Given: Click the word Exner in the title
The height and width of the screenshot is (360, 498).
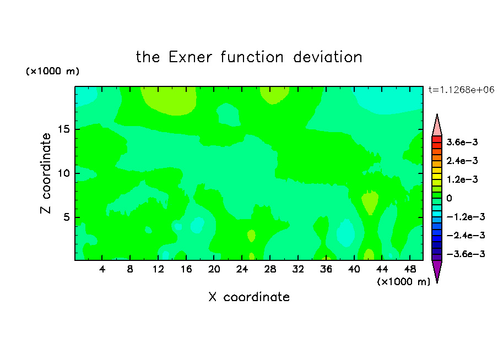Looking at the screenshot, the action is (x=190, y=57).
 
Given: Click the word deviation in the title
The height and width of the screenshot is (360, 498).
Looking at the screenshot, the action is (x=327, y=57).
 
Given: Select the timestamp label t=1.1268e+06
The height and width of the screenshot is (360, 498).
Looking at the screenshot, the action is (x=461, y=90).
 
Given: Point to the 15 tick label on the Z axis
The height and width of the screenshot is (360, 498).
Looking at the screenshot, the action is (x=63, y=129).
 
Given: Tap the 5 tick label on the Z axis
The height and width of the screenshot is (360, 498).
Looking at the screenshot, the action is (x=66, y=217).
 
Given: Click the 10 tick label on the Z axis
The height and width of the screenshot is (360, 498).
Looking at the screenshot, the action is (x=63, y=173).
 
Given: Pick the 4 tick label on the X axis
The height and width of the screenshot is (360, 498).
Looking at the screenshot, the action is (x=102, y=269).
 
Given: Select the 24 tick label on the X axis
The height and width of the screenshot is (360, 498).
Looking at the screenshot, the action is (x=242, y=269).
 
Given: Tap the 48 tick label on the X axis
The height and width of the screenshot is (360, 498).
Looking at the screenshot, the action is (x=410, y=269).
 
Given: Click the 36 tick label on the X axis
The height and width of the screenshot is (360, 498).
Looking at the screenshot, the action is (x=326, y=269).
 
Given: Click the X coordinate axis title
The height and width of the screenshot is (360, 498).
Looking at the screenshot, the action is (x=249, y=297).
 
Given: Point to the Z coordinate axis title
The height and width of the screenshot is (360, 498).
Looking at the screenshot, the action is (x=46, y=173).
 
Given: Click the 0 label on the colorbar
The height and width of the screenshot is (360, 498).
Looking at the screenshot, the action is (x=449, y=198).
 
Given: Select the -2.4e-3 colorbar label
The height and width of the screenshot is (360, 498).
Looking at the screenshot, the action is (x=465, y=235).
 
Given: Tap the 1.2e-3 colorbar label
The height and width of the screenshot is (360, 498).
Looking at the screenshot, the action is (x=462, y=179).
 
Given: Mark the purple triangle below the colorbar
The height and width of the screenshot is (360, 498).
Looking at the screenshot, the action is (x=437, y=270).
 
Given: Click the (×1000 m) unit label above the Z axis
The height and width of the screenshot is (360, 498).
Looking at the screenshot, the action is (x=52, y=71).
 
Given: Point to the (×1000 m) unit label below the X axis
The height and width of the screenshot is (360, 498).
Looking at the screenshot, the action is (x=403, y=282).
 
